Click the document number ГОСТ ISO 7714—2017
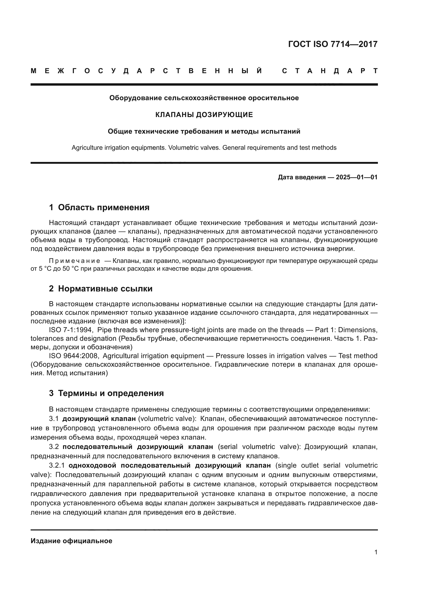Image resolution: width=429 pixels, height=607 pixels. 333,44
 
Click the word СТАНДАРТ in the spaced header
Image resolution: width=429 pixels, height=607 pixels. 330,71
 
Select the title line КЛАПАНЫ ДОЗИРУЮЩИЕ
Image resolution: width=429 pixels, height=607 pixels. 204,115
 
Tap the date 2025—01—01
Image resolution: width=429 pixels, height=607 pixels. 356,178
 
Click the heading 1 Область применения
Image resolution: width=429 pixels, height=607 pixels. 99,208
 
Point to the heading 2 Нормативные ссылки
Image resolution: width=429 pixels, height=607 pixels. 101,289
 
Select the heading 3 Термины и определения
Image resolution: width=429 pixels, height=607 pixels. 106,393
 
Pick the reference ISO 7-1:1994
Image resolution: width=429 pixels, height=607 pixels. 70,330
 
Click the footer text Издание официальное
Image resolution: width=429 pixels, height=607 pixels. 71,541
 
